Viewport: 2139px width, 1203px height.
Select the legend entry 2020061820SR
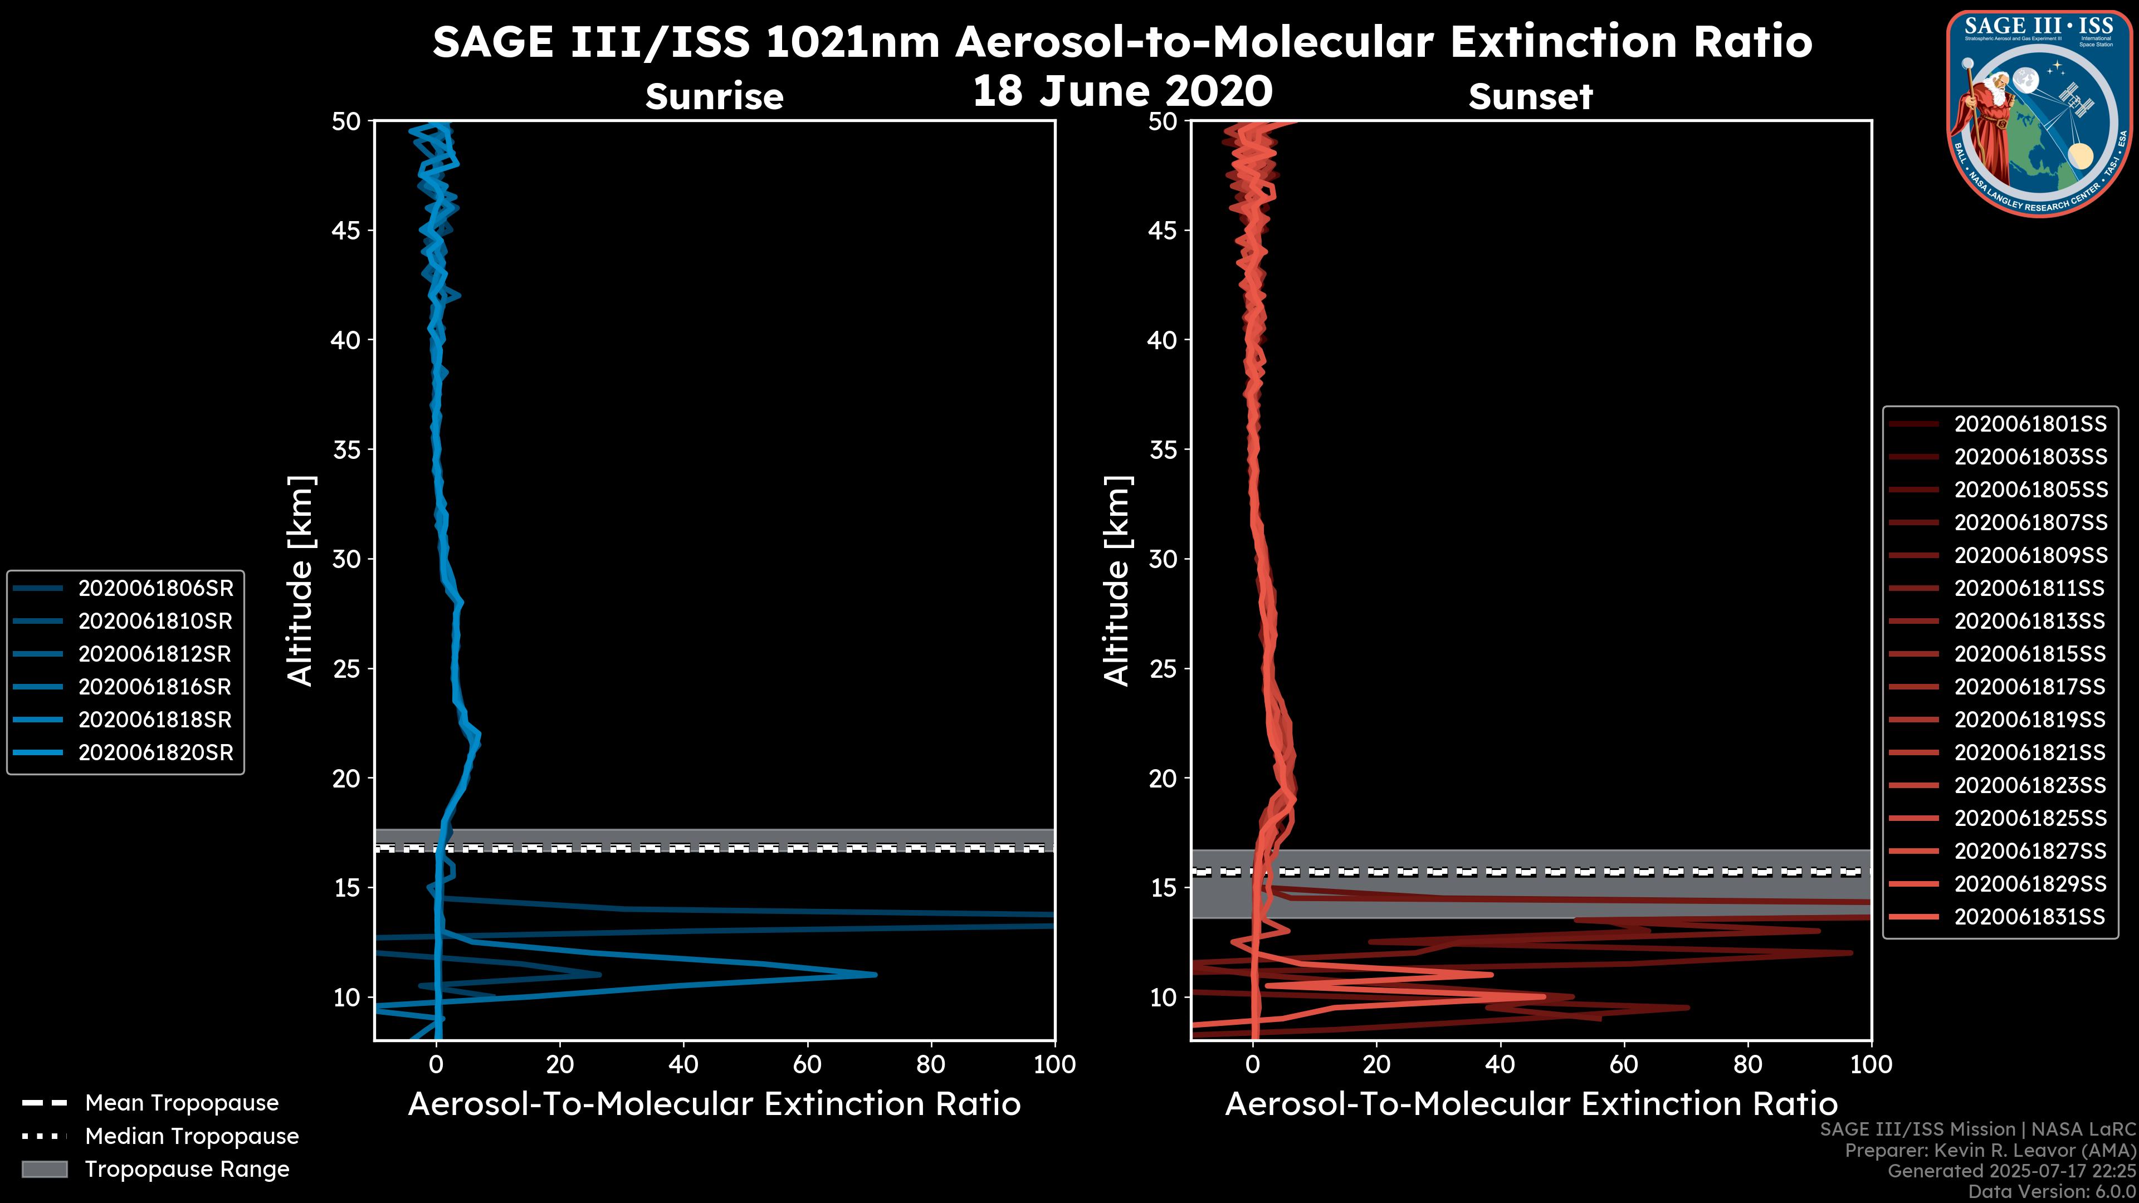(155, 753)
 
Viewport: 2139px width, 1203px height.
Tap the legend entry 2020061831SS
(2029, 917)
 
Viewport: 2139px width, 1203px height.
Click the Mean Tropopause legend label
(182, 1103)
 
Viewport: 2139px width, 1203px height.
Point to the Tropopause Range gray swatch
(44, 1169)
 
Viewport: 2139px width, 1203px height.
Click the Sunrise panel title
(714, 97)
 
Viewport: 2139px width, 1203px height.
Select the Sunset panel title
(1530, 97)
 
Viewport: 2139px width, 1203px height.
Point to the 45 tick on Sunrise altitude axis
(346, 231)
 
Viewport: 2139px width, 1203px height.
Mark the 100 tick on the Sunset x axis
(1871, 1064)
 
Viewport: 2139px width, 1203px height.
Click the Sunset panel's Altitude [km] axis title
(1117, 580)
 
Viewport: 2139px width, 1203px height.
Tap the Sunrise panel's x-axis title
(714, 1104)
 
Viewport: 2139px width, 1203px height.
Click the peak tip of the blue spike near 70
(875, 975)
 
